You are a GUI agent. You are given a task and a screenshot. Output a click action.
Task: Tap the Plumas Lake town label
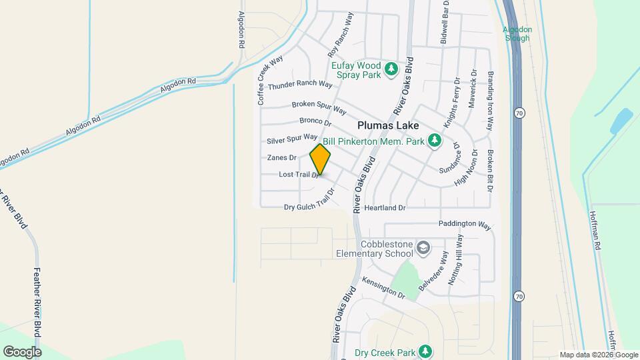click(x=388, y=125)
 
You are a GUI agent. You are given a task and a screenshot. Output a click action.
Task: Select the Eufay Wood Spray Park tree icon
click(x=392, y=69)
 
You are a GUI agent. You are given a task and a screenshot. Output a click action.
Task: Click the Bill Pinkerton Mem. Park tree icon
click(x=435, y=140)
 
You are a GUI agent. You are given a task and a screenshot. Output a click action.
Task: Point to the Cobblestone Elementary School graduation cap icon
click(x=423, y=248)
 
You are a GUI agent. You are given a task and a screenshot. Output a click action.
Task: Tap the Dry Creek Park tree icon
click(x=425, y=351)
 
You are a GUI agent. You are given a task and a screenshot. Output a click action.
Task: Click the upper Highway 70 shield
click(x=519, y=113)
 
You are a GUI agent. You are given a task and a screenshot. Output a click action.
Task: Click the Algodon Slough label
click(x=517, y=34)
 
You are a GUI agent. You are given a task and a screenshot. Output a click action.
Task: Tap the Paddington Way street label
click(x=465, y=225)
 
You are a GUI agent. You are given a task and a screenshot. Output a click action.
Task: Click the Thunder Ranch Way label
click(x=300, y=85)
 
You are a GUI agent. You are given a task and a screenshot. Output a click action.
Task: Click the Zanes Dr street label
click(x=281, y=158)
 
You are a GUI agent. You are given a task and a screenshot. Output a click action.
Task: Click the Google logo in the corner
click(x=22, y=351)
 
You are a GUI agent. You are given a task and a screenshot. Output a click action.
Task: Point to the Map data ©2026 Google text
click(x=599, y=355)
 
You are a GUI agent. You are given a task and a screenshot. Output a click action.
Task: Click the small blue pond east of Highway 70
click(x=621, y=121)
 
